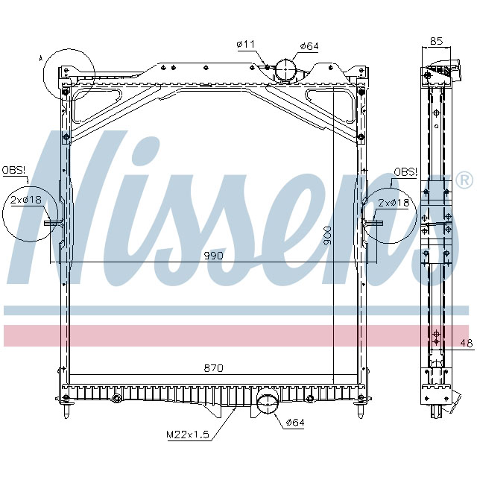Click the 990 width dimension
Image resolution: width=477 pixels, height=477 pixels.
pos(213,256)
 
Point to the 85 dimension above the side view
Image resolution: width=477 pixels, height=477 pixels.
pos(437,42)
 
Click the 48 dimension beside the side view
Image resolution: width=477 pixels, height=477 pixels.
pos(466,343)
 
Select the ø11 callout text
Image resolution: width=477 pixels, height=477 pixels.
pos(246,45)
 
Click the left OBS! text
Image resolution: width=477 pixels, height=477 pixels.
pos(13,171)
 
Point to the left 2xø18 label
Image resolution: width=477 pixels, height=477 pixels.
pos(26,200)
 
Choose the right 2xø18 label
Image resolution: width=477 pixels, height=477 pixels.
pos(393,203)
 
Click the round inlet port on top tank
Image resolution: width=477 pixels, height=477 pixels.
pos(285,69)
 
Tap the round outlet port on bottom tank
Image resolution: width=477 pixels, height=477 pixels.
pos(265,405)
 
